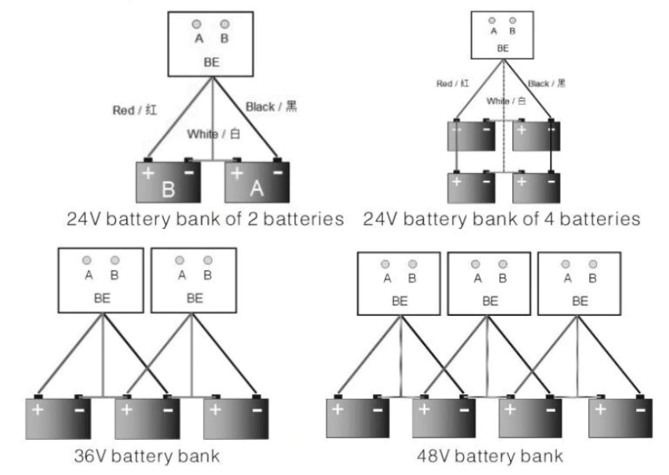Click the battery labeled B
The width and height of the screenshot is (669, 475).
(168, 182)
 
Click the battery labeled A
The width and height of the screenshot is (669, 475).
(257, 182)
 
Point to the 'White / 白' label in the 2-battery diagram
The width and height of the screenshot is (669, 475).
(211, 134)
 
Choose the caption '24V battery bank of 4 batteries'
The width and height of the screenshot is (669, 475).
(501, 218)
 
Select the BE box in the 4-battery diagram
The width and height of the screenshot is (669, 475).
(502, 35)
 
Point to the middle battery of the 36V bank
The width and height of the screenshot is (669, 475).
(145, 417)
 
